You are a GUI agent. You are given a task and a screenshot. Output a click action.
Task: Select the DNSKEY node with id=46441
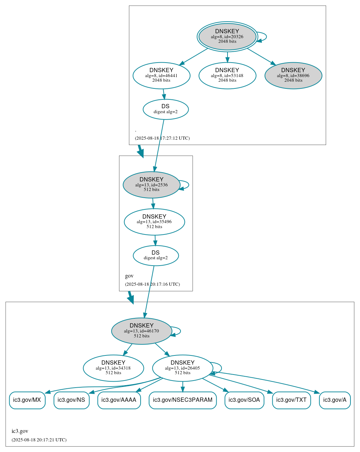(161, 75)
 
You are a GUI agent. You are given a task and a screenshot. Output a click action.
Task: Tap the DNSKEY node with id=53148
(227, 75)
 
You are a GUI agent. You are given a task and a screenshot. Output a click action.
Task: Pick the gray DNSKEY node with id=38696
(293, 75)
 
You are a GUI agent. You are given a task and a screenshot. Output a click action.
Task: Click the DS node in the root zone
(165, 109)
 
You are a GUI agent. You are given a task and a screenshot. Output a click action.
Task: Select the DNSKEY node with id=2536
(152, 185)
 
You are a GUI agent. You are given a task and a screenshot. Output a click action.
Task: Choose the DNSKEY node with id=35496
(154, 222)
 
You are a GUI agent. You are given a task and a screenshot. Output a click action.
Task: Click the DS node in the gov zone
(156, 255)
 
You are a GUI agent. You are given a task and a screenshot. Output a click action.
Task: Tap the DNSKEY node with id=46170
(142, 331)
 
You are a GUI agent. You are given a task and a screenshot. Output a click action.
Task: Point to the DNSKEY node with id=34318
(113, 368)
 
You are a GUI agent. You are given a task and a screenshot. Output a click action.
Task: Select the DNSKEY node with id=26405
(183, 368)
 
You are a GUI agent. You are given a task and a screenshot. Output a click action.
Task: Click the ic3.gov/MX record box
(27, 400)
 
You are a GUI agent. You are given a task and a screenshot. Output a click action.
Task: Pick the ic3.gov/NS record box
(71, 400)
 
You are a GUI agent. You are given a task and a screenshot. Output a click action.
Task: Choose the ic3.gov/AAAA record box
(119, 400)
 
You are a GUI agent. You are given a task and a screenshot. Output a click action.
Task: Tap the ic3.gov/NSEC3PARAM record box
(183, 400)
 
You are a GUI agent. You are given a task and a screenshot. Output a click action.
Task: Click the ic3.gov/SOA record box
(244, 400)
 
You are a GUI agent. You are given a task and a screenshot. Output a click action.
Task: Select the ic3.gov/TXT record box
(291, 400)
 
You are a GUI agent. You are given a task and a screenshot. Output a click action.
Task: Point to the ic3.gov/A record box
(335, 400)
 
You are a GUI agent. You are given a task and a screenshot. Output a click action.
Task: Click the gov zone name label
(129, 276)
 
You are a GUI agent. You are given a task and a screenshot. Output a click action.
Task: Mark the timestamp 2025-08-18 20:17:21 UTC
(39, 440)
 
